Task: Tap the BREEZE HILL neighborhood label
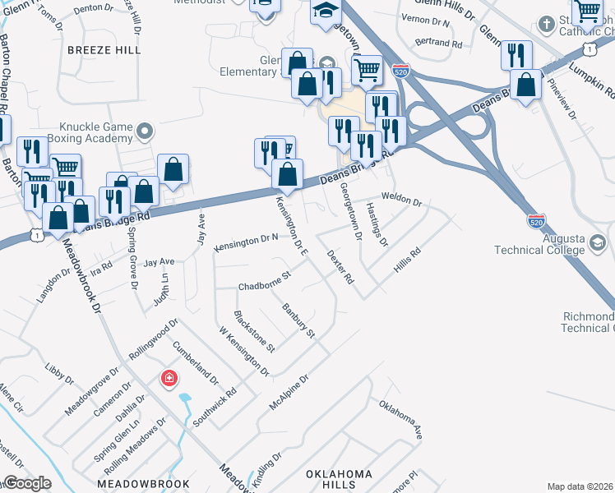click(104, 50)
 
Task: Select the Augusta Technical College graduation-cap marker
click(598, 244)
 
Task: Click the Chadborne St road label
click(265, 283)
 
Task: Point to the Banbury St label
click(298, 320)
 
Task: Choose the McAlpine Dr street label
click(288, 394)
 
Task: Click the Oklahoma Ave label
click(400, 419)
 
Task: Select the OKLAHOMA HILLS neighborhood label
click(340, 480)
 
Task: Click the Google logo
click(27, 482)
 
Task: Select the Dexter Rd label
click(340, 268)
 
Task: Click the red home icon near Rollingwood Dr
click(169, 378)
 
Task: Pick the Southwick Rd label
click(215, 407)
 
